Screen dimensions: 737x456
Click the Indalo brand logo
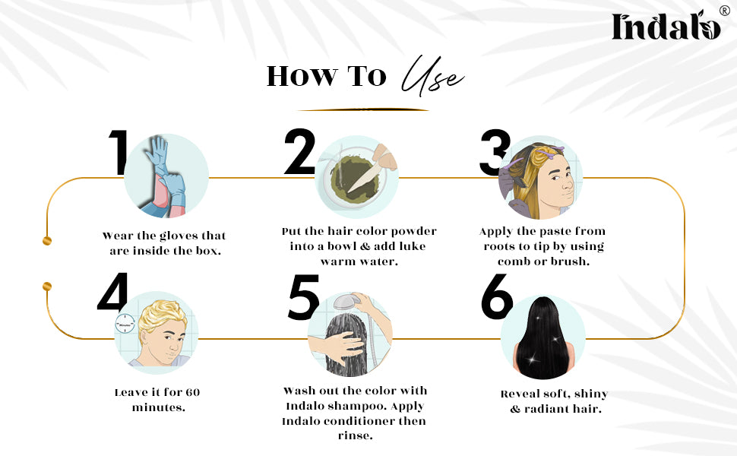click(666, 26)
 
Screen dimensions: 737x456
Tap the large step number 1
click(118, 152)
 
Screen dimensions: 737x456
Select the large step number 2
click(300, 151)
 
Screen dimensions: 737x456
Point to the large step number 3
click(495, 152)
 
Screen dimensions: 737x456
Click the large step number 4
click(112, 292)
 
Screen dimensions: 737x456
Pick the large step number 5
click(304, 297)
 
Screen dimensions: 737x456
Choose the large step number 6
click(497, 296)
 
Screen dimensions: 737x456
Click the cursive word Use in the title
click(432, 76)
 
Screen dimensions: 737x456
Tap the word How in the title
click(302, 76)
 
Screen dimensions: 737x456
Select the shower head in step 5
click(346, 301)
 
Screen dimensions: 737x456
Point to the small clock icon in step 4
click(125, 325)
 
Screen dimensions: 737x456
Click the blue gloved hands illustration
click(166, 176)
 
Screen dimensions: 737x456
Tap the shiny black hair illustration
click(543, 337)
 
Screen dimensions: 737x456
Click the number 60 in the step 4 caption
click(193, 392)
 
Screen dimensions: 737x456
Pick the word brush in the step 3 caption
click(571, 261)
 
